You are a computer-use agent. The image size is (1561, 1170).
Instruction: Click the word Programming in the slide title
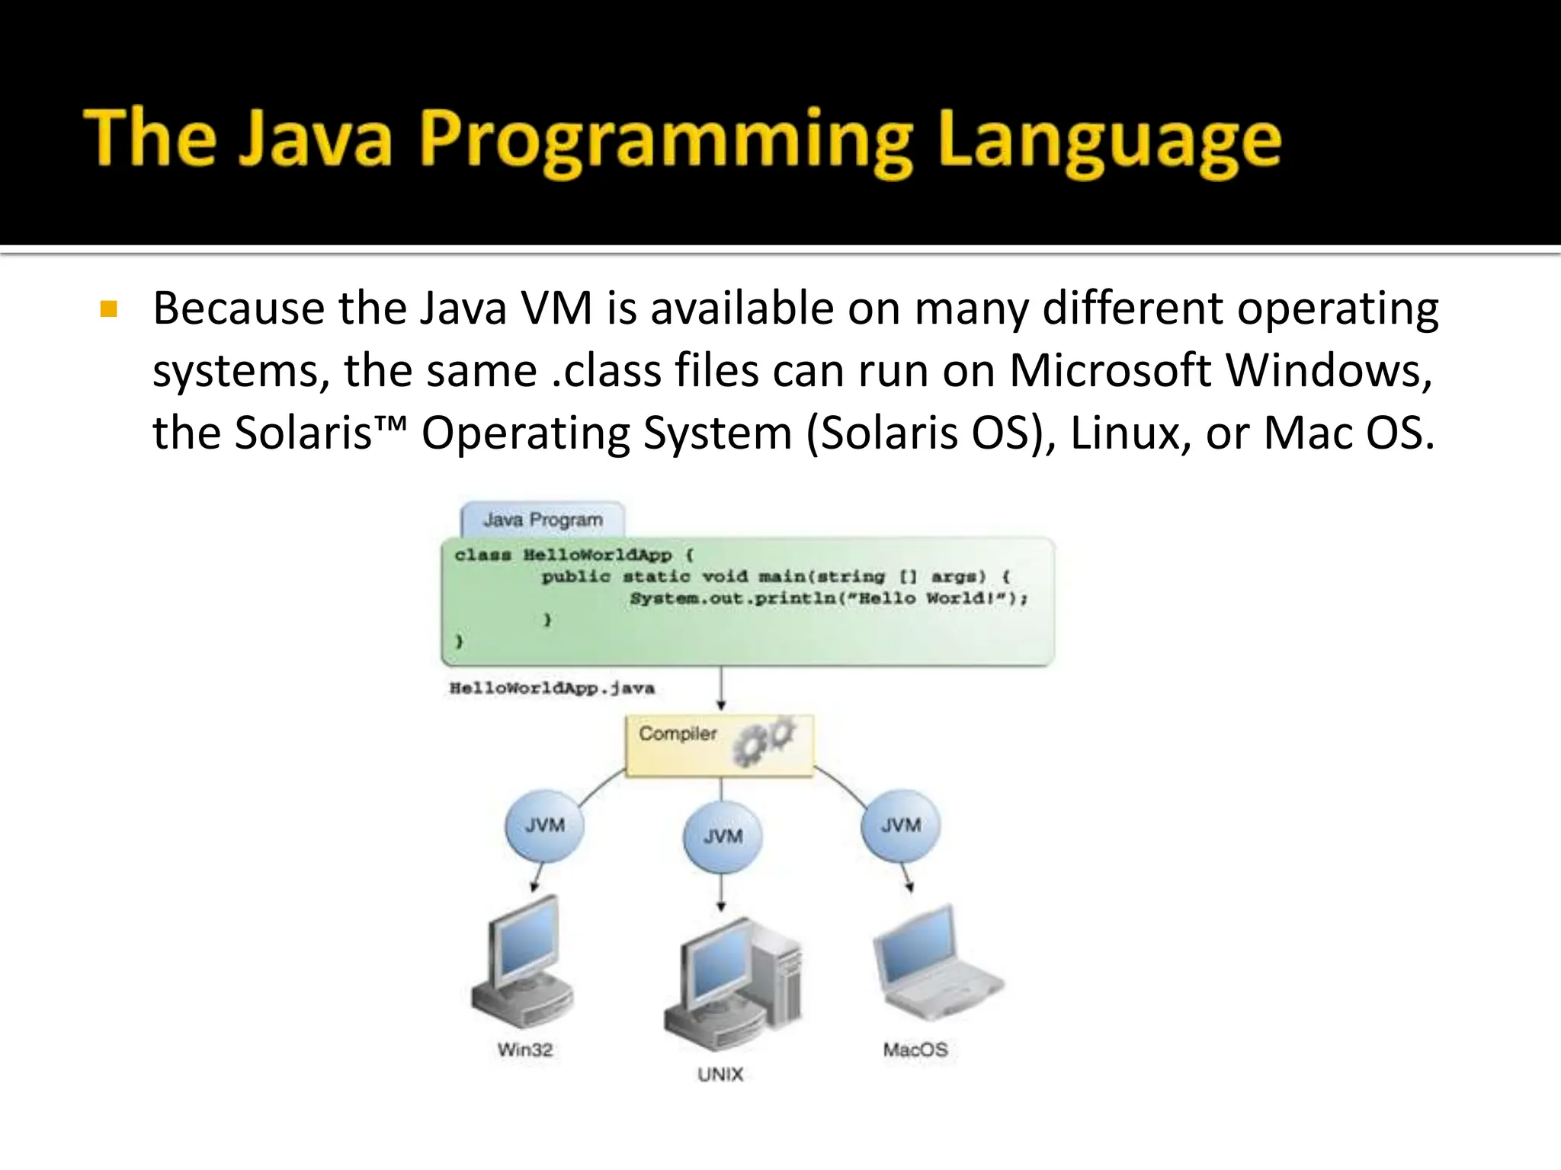pyautogui.click(x=666, y=141)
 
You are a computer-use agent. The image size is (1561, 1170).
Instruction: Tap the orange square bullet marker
pyautogui.click(x=108, y=309)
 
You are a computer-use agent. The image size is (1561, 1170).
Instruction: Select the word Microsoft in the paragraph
pyautogui.click(x=1110, y=371)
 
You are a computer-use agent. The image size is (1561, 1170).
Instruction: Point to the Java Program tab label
pyautogui.click(x=543, y=519)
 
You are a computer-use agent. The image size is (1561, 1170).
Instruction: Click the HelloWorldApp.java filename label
pyautogui.click(x=552, y=689)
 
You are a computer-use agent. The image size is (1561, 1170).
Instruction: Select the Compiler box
pyautogui.click(x=719, y=744)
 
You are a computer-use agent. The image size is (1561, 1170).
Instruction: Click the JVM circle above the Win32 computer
pyautogui.click(x=544, y=826)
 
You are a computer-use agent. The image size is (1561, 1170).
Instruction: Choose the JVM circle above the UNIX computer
pyautogui.click(x=723, y=836)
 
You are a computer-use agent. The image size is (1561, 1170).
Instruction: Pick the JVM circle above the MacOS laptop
pyautogui.click(x=901, y=826)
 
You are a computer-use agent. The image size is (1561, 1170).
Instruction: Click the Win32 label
pyautogui.click(x=525, y=1050)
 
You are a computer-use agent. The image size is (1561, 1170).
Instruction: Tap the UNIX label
pyautogui.click(x=720, y=1074)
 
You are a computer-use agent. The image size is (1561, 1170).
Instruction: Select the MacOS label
pyautogui.click(x=915, y=1050)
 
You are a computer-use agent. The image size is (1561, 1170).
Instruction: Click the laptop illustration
pyautogui.click(x=934, y=964)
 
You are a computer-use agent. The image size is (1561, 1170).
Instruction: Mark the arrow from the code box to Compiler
pyautogui.click(x=721, y=689)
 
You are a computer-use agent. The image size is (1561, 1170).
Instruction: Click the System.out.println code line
pyautogui.click(x=829, y=599)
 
